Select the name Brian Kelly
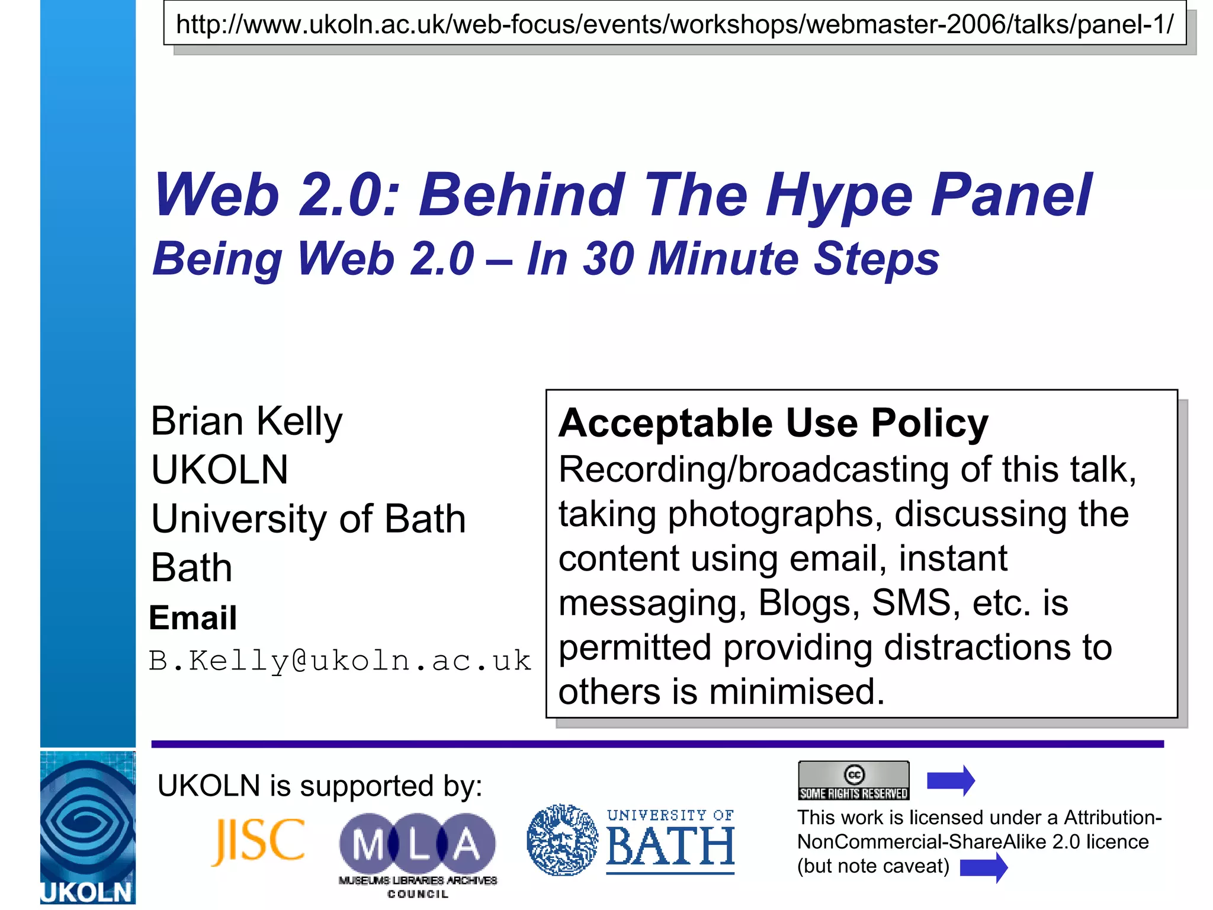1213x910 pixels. point(246,421)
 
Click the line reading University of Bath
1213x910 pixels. point(308,519)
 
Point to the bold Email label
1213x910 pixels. point(192,618)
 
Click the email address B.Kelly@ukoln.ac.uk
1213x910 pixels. point(339,661)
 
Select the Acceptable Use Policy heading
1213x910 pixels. point(773,423)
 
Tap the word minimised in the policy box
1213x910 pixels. point(797,691)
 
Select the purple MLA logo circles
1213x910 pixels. point(418,844)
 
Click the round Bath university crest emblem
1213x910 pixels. point(562,840)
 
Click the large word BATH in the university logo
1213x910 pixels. point(670,846)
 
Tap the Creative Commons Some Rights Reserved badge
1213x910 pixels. point(853,780)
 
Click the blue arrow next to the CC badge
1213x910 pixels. point(951,780)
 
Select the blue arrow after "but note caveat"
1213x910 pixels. point(983,868)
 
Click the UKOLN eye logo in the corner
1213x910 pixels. point(88,826)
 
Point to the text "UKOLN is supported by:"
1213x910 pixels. point(320,786)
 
